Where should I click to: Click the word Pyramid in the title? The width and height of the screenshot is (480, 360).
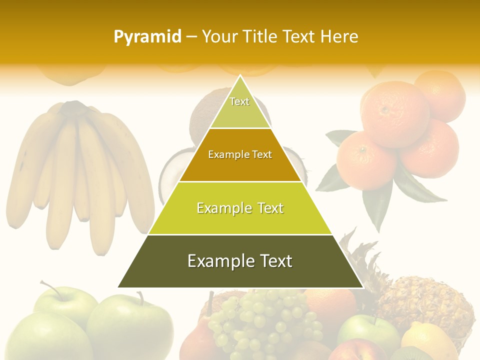coord(147,37)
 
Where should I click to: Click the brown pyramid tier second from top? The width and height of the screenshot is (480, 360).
coord(240,155)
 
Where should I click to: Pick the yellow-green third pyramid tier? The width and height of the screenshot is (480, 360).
coord(240,208)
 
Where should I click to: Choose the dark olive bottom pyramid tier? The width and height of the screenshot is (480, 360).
coord(240,261)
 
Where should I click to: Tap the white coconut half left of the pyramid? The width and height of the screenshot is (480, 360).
coord(168,175)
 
